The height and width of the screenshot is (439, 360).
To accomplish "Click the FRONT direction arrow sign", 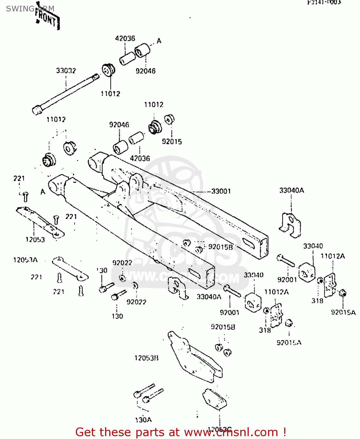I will pos(47,18).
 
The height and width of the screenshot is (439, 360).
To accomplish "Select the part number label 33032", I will pos(66,71).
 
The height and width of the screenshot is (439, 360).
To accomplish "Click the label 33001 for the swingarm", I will pos(221,191).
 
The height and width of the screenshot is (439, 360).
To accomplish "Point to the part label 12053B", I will pos(146,358).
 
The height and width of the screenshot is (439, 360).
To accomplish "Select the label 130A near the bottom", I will pos(143,420).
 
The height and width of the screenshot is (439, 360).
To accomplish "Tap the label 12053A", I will pos(25,260).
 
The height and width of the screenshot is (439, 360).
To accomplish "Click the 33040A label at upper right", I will pos(292,190).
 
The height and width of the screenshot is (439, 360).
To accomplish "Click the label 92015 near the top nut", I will pos(172,141).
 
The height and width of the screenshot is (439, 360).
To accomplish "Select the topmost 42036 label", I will pos(125,38).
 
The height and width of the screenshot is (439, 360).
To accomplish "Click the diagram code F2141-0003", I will pos(324,2).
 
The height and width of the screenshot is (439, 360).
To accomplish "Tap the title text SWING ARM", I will pos(30,9).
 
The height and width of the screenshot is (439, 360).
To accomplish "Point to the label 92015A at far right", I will pos(343,312).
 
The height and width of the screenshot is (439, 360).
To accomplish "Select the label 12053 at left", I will pos(35,240).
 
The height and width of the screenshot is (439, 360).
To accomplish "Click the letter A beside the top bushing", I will pos(159,41).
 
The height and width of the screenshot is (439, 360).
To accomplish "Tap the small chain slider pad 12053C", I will pos(214,399).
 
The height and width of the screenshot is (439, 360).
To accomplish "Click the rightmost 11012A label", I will pos(332,256).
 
